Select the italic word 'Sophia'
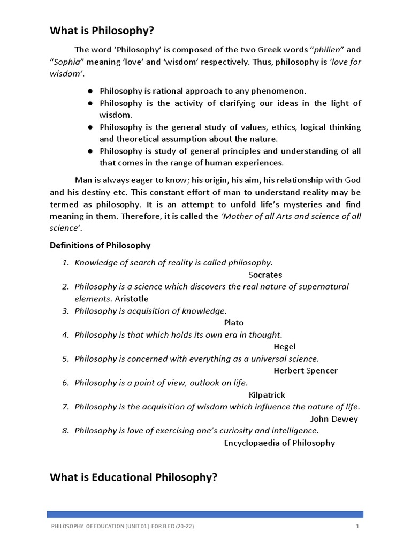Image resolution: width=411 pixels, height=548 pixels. pos(66,62)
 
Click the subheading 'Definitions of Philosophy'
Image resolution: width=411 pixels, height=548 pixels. pos(100,245)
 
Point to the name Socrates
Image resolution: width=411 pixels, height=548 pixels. pos(265,275)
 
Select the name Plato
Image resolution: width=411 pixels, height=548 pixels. pos(233,323)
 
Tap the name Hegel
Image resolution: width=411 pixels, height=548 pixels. pos(285,346)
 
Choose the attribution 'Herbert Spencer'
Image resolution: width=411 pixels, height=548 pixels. pos(306,370)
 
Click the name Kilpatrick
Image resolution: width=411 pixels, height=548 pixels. pos(267,394)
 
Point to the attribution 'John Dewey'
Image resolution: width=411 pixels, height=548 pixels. pos(334,418)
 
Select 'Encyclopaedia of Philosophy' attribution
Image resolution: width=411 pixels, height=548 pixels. pos(279,443)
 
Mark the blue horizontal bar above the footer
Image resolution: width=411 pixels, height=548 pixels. pos(205,514)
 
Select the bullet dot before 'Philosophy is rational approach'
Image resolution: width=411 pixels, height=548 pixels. pos(91,92)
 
